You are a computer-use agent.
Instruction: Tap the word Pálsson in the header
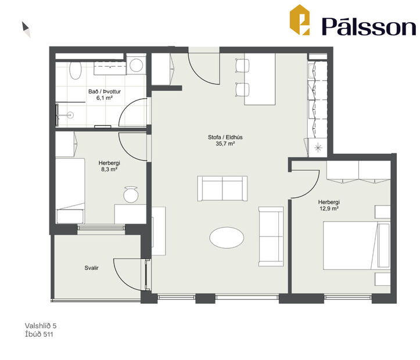pos(368,26)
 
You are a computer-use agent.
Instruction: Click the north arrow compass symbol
pos(26,29)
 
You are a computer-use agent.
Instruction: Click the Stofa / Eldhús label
pos(224,137)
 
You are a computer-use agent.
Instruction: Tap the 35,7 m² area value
pos(224,144)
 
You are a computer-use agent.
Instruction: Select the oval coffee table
pos(227,237)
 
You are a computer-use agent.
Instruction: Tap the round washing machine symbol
pos(137,65)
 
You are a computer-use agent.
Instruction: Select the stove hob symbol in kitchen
pos(318,148)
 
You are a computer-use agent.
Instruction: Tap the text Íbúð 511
pos(40,334)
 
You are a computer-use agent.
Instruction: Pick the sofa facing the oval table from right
pos(271,236)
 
